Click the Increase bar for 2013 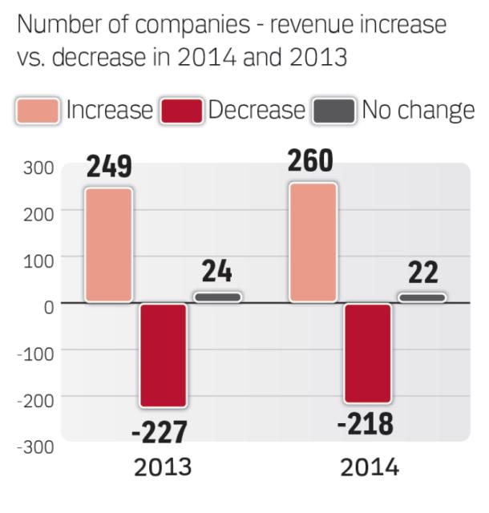coord(108,245)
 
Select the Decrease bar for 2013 coord(163,354)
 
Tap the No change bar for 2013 coord(216,297)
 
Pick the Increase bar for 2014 coord(313,242)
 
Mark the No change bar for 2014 coord(422,297)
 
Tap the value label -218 coord(365,425)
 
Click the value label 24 coord(216,273)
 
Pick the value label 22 coord(422,273)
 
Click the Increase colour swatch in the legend coord(38,111)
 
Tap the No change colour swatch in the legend coord(333,111)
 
